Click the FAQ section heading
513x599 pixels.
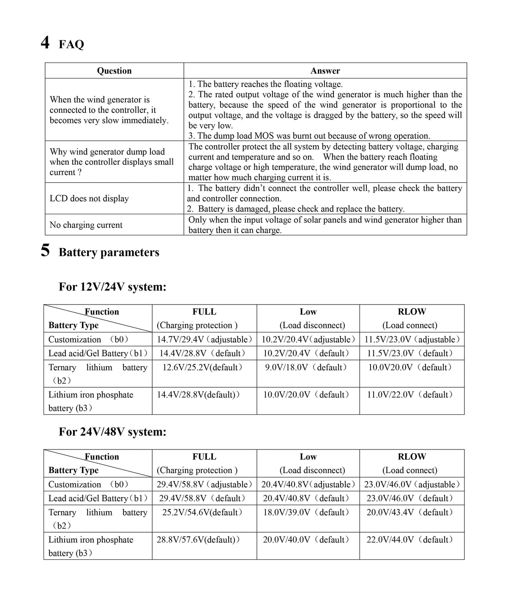click(71, 44)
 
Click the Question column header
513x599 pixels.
click(114, 71)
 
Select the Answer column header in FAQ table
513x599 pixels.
click(325, 71)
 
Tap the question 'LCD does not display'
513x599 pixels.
click(89, 198)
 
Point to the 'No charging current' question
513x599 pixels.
click(86, 225)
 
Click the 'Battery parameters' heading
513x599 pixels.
click(109, 252)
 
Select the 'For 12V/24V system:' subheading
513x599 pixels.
click(112, 287)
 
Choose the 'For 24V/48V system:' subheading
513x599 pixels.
click(112, 432)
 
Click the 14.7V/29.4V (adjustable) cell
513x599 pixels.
click(205, 339)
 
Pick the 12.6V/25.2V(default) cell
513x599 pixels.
click(203, 367)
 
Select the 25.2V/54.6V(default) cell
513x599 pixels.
click(203, 512)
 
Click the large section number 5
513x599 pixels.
click(45, 250)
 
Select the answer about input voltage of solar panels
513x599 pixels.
click(325, 225)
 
